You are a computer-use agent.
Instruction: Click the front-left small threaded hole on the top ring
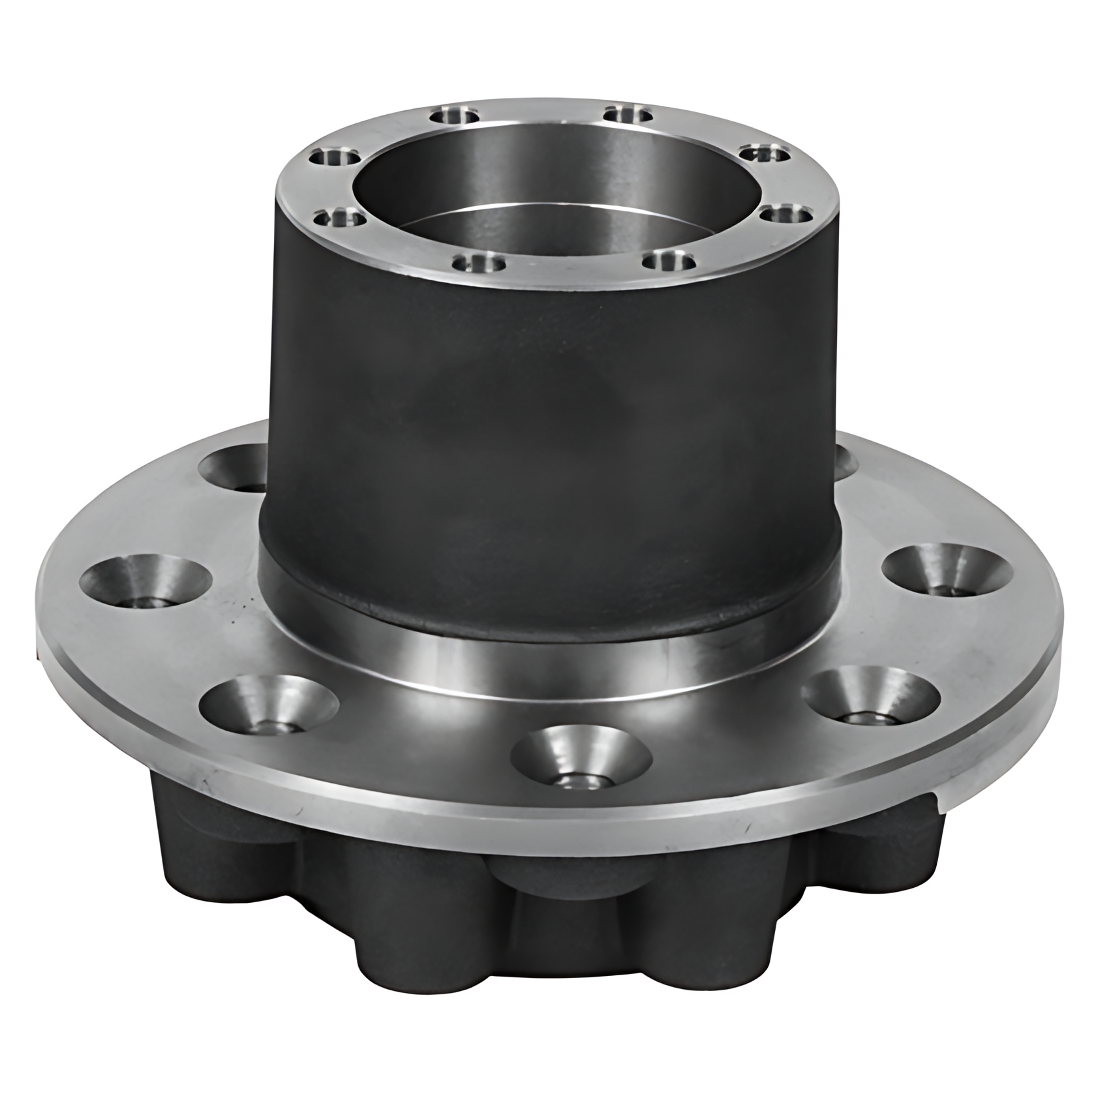[x=480, y=264]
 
